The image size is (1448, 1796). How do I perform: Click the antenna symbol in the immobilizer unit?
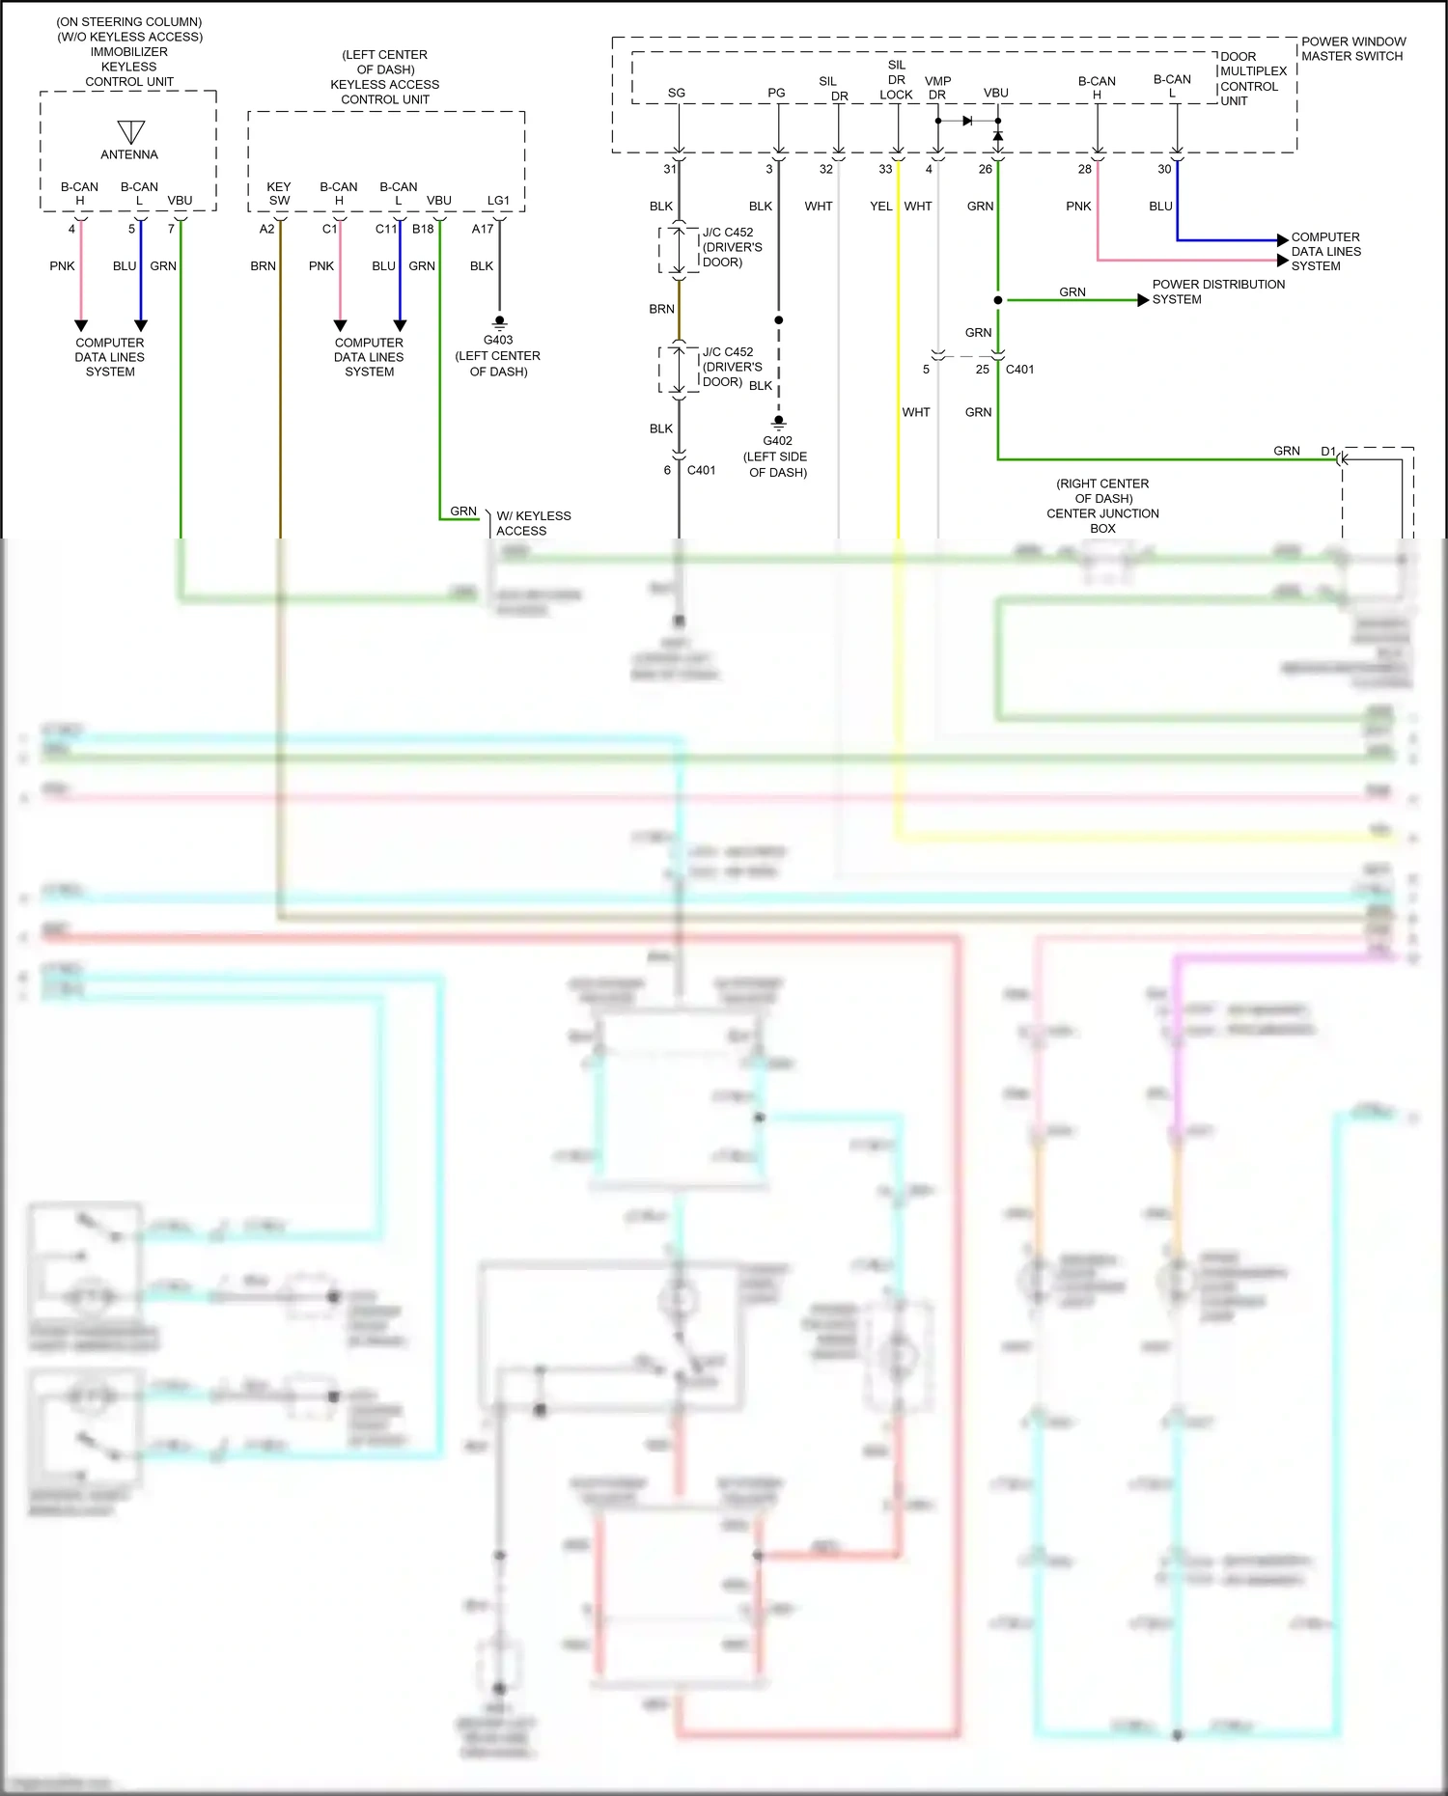(130, 131)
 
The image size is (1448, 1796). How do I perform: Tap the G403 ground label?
(498, 340)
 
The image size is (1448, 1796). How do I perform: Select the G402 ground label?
(777, 441)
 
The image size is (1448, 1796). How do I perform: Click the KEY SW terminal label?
(279, 193)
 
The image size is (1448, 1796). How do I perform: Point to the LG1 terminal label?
(498, 201)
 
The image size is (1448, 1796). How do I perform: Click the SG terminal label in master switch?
(677, 94)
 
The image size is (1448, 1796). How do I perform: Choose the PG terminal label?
(776, 94)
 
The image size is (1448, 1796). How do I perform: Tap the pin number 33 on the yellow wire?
(885, 169)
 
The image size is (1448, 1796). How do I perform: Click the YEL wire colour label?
(880, 207)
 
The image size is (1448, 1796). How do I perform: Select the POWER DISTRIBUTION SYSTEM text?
(1218, 291)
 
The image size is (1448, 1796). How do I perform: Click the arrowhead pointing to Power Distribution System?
(1144, 300)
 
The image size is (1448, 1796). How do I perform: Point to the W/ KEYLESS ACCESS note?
(533, 523)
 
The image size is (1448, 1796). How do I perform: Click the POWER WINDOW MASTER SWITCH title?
(1352, 49)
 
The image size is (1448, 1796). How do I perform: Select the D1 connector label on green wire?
(1328, 451)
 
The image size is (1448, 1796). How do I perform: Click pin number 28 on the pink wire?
(1085, 169)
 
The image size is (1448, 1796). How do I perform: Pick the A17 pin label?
(483, 229)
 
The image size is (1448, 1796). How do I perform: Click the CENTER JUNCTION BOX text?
(1102, 513)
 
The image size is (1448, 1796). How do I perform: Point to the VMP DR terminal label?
(937, 88)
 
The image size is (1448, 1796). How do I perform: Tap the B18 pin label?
(423, 229)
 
